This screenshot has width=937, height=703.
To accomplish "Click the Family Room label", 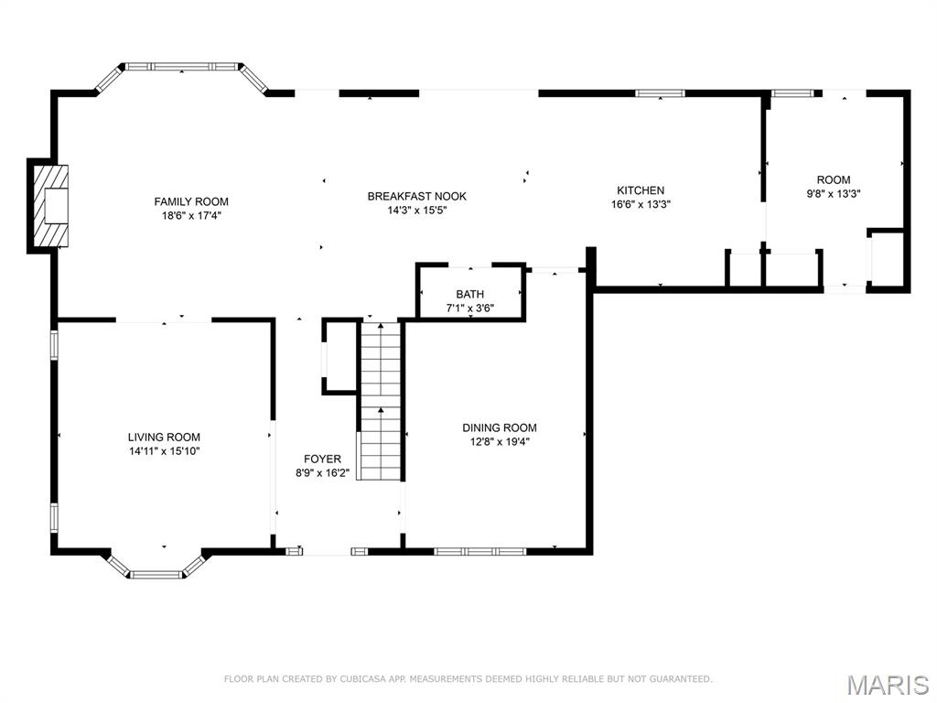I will tap(191, 201).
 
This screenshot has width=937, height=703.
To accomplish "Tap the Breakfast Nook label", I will tap(416, 196).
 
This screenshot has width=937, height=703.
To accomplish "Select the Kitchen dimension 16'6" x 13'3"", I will tap(641, 205).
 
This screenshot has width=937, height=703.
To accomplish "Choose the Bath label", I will tap(470, 294).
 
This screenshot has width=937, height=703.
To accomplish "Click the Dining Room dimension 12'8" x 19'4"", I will tap(499, 441).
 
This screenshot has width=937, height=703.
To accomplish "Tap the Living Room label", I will tap(164, 438).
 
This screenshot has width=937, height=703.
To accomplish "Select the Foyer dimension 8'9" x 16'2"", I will tap(322, 473).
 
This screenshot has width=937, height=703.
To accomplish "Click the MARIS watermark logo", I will tap(887, 685).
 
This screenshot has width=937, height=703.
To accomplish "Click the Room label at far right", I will tap(834, 180).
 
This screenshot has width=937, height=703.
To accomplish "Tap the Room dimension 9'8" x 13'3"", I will tap(834, 193).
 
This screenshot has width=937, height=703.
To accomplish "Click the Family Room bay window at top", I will tap(182, 67).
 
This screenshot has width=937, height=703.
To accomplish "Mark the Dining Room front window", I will tap(479, 551).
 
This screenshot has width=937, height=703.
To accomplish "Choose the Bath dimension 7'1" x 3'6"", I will tap(470, 308).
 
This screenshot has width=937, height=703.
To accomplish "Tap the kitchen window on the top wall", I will tap(660, 92).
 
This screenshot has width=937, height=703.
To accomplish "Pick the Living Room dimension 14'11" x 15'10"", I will tap(164, 450).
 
